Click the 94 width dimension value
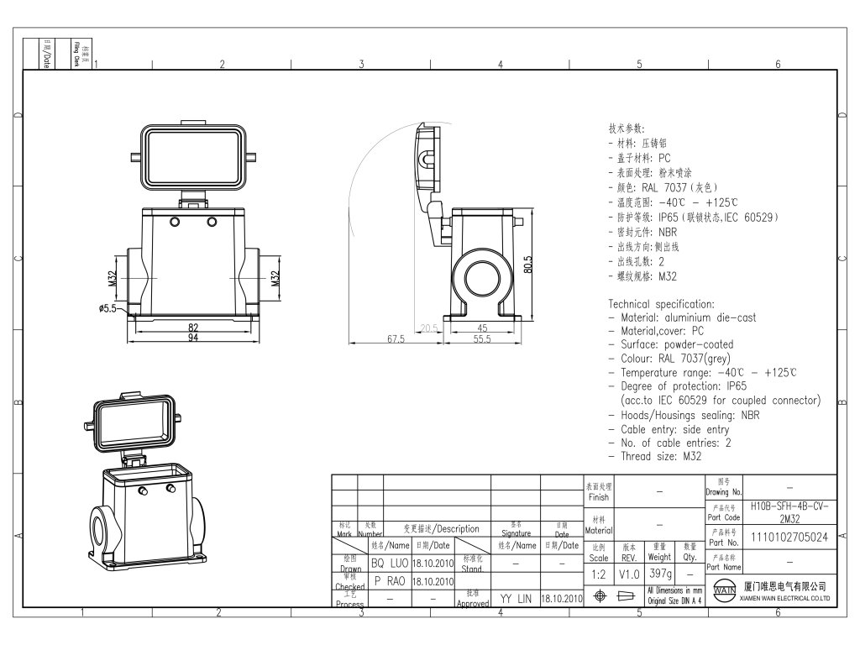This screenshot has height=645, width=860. click(x=193, y=338)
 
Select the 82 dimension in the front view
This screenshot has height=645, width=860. click(x=193, y=328)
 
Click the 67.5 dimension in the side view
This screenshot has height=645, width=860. click(x=396, y=339)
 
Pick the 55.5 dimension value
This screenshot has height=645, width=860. click(x=481, y=339)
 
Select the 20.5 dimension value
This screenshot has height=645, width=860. click(x=430, y=328)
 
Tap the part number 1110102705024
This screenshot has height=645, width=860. click(x=789, y=537)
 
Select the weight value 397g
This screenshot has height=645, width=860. click(x=659, y=574)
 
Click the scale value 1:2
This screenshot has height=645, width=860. click(x=599, y=574)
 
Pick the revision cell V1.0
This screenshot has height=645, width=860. click(x=629, y=574)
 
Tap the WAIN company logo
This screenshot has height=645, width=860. click(x=724, y=590)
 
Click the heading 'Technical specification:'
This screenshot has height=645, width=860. click(x=662, y=304)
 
